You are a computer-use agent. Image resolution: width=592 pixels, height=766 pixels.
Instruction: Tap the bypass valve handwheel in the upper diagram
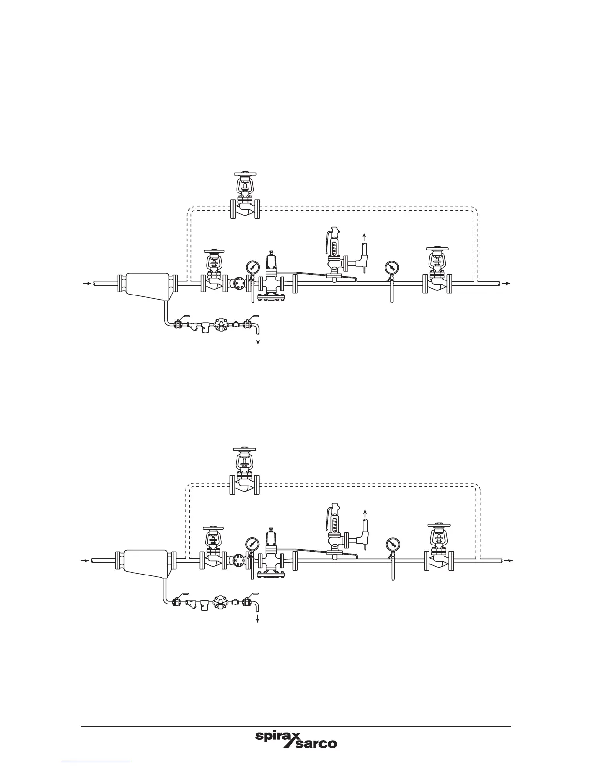[246, 174]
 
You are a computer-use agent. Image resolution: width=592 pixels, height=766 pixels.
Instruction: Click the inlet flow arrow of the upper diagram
[87, 283]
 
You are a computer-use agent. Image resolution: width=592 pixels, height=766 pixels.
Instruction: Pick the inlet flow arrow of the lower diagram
[84, 560]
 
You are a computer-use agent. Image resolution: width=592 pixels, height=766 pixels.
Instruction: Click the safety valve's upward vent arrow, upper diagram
[364, 236]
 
